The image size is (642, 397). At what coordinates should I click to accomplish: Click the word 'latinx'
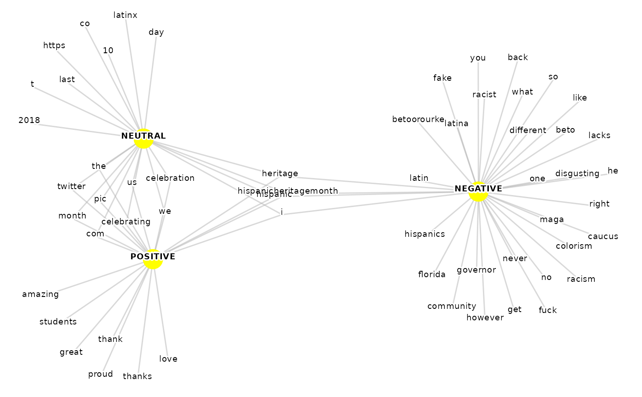(125, 15)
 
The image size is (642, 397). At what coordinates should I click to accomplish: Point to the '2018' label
(29, 120)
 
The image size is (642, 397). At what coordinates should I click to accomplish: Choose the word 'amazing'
(40, 294)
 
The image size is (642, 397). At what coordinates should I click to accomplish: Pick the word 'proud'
(100, 374)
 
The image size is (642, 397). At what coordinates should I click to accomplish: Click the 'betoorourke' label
(418, 119)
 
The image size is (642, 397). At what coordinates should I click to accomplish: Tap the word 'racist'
(484, 94)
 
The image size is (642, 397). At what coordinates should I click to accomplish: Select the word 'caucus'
(603, 236)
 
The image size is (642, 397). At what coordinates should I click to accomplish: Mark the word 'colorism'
(574, 246)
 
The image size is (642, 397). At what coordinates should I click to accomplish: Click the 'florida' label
(432, 274)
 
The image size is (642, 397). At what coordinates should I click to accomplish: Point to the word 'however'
(485, 318)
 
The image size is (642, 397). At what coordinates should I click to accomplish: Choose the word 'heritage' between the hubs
(280, 173)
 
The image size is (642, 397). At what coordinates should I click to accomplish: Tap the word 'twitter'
(72, 186)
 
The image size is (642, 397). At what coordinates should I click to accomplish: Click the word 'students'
(58, 321)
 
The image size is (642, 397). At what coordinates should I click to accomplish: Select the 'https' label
(54, 45)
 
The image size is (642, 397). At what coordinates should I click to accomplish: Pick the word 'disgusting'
(577, 173)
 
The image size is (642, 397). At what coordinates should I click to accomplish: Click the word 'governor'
(476, 270)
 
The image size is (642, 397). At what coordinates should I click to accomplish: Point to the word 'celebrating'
(126, 222)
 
